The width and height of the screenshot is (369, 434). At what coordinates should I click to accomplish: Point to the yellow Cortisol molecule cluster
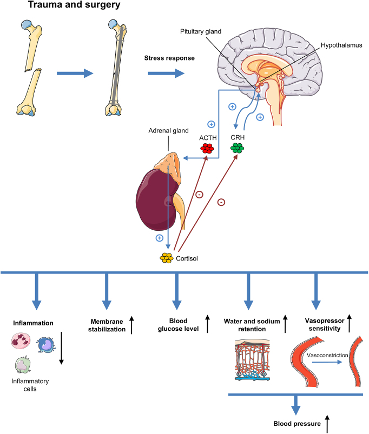166,258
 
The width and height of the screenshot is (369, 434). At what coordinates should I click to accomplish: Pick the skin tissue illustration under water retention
252,359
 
